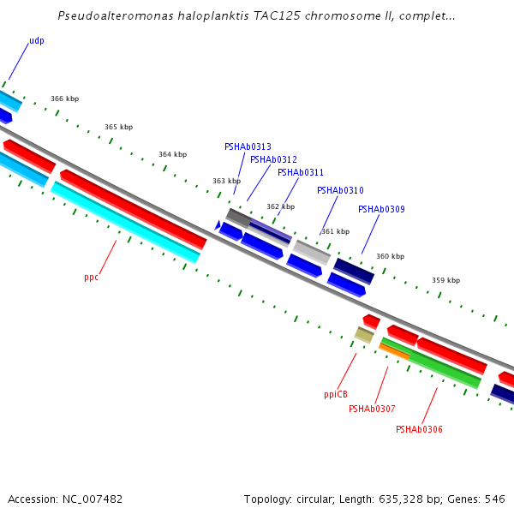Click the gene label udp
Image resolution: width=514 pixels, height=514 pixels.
point(36,41)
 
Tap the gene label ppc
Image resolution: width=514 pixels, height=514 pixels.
point(91,278)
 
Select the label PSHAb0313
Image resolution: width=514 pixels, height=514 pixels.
point(248,147)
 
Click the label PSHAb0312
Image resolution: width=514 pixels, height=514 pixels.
point(273,160)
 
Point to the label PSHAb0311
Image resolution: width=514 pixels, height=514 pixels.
point(300,173)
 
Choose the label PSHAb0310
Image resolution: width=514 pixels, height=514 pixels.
point(340,191)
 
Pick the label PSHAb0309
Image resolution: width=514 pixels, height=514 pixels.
point(381,210)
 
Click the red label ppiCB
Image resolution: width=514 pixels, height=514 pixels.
point(336,395)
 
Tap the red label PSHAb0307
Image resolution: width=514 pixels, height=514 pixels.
point(372,409)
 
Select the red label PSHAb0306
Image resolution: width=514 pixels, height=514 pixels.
point(419,429)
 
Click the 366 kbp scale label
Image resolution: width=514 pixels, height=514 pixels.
point(64,99)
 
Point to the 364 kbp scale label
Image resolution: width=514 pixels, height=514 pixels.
point(172,155)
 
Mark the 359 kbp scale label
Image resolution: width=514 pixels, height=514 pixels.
point(445,281)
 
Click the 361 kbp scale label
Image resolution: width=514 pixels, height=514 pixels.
point(335,232)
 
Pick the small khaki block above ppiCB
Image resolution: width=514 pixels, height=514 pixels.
point(364,335)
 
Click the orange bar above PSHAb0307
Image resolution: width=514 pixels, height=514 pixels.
point(393,350)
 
